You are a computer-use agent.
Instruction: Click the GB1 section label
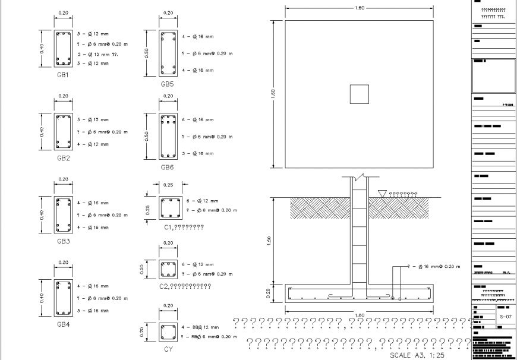63,75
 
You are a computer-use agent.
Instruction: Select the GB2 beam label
63,159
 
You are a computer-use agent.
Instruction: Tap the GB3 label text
63,241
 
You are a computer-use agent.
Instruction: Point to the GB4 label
63,324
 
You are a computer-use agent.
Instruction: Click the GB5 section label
167,84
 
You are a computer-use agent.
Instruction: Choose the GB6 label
167,168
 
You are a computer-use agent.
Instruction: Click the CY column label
168,350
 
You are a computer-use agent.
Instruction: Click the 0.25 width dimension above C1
168,185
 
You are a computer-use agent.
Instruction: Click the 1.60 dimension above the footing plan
359,8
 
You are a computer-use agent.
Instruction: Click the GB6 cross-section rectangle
168,136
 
